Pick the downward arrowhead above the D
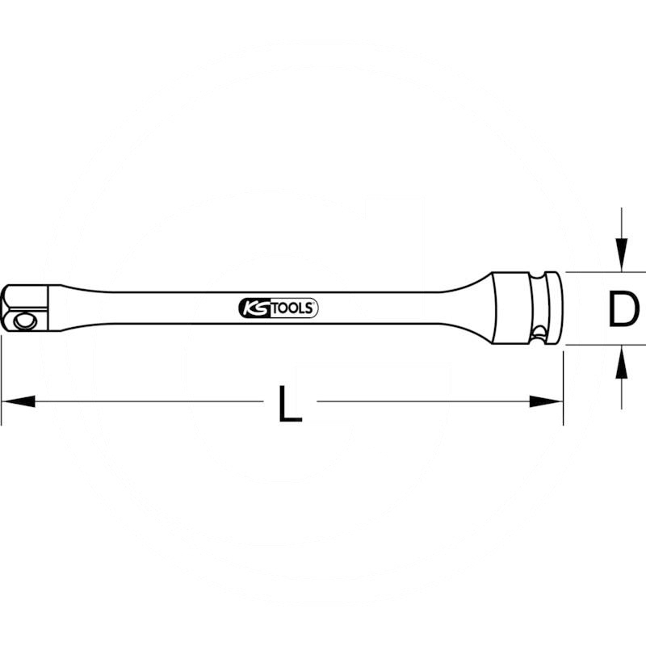click(621, 258)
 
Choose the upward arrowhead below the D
click(621, 359)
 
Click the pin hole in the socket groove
click(535, 329)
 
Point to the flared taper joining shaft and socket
click(468, 308)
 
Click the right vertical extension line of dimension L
click(562, 388)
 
